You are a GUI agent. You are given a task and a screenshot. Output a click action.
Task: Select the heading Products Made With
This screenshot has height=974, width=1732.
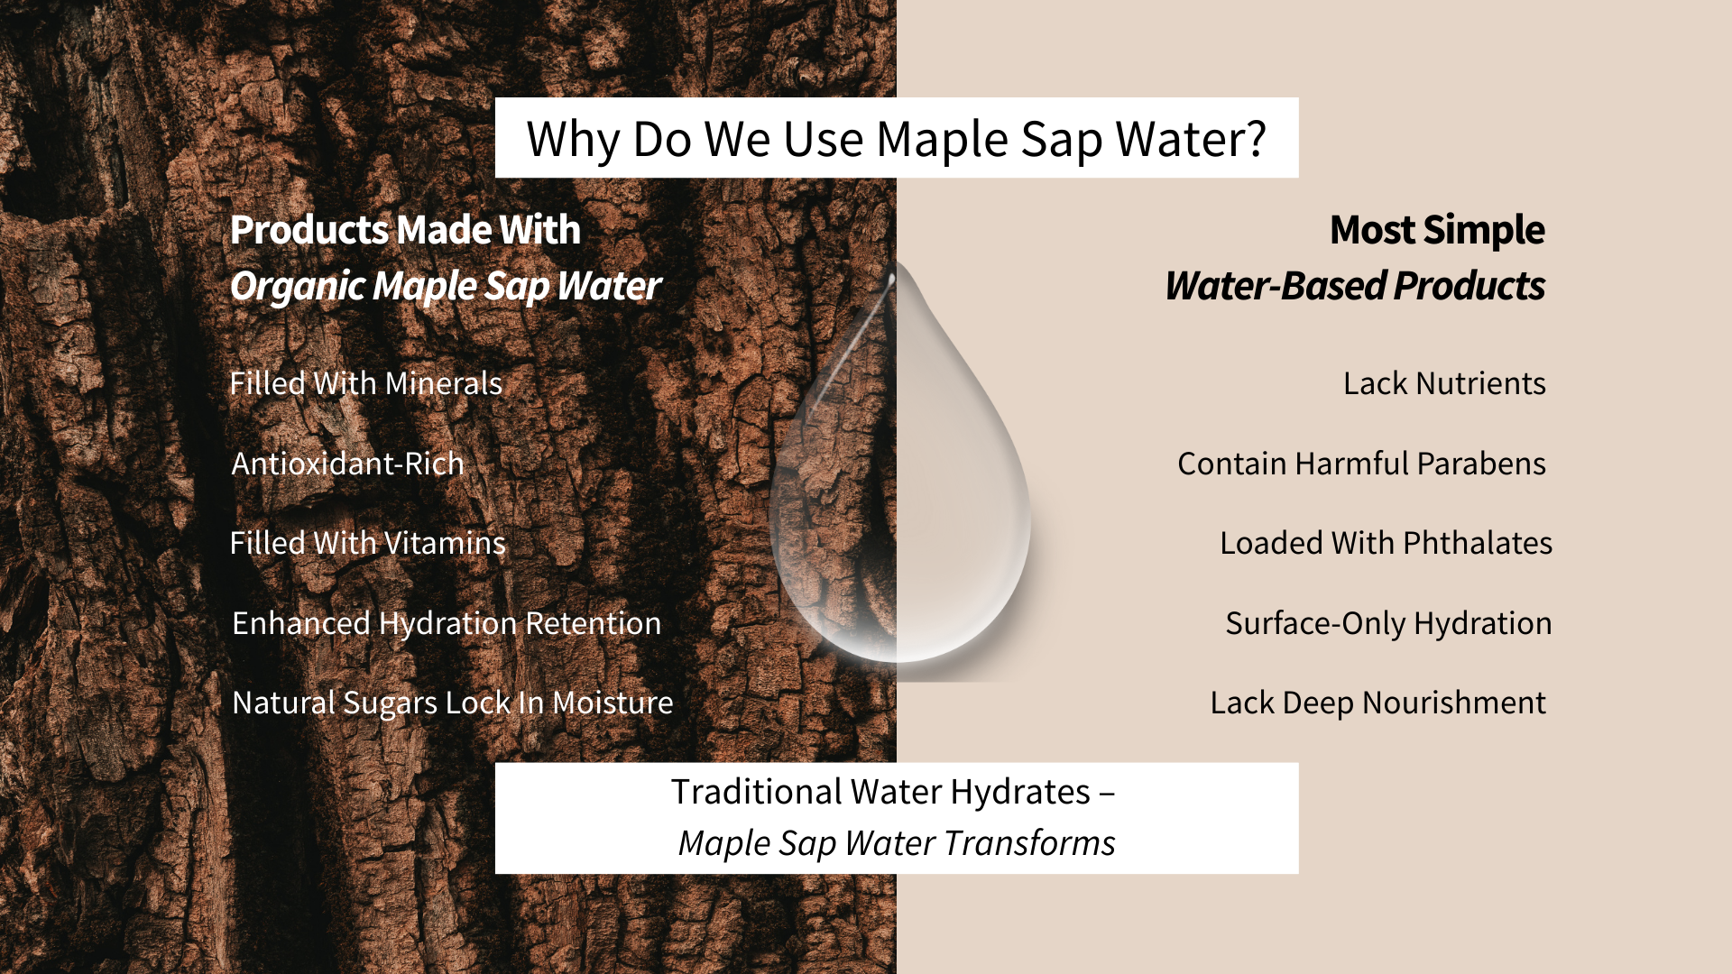[405, 230]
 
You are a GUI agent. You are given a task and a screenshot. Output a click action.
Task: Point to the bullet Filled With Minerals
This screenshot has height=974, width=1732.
[365, 383]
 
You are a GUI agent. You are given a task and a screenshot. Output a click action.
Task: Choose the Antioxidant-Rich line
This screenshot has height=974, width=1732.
[347, 464]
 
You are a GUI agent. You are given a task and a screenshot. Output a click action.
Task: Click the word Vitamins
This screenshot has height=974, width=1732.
[445, 543]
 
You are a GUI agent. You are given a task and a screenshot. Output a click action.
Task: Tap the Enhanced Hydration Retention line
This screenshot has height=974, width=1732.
[447, 623]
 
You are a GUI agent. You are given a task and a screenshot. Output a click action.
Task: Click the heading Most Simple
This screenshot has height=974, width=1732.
[1437, 230]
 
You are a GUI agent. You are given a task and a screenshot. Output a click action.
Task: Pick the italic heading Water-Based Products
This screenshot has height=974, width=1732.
[1355, 286]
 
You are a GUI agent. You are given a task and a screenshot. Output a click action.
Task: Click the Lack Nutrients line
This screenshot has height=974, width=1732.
[1444, 383]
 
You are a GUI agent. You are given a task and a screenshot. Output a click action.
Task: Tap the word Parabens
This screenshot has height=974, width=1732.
[1481, 464]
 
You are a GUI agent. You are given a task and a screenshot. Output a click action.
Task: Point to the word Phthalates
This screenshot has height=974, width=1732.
[1478, 543]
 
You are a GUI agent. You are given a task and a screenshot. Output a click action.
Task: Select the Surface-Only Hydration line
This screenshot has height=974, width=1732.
[1388, 623]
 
